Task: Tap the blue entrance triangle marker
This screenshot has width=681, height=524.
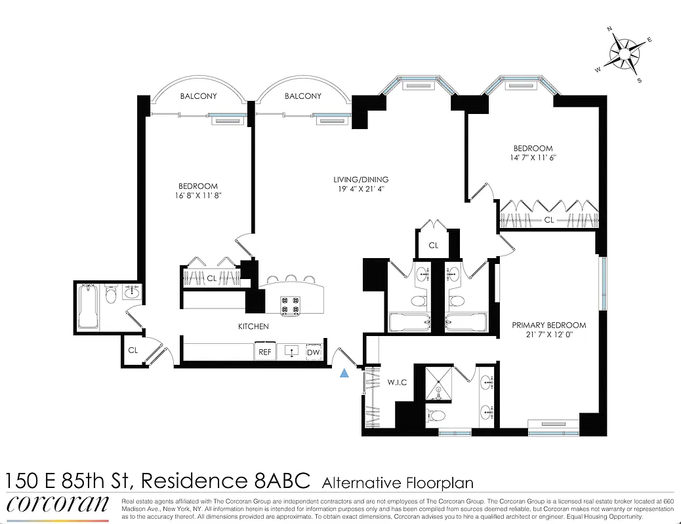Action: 344,373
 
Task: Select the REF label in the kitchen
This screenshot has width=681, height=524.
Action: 264,352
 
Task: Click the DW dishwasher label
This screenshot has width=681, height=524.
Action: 314,352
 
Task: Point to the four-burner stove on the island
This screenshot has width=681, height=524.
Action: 291,305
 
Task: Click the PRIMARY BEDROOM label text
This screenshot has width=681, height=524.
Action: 548,325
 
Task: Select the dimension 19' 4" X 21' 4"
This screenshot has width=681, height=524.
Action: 360,190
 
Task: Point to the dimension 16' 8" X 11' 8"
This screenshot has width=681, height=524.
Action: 197,196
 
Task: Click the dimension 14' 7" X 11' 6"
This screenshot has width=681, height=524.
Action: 533,158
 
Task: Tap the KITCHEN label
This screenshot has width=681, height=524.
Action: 253,326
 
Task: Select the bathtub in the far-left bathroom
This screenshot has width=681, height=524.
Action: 89,307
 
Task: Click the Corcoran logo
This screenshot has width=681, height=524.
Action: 58,505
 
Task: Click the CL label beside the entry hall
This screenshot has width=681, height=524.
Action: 133,350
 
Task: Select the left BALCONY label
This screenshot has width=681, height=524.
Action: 198,96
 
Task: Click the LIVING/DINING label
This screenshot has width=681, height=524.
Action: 360,179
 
